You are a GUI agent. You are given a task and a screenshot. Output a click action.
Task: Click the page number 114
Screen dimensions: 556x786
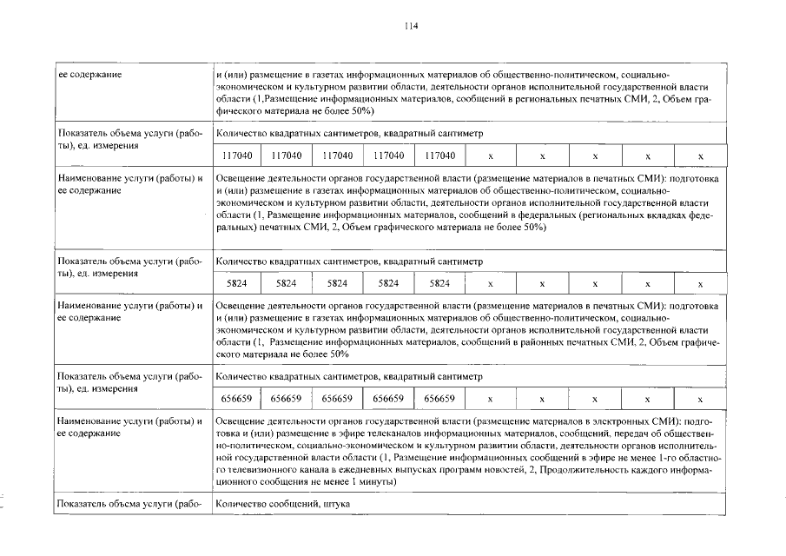[412, 27]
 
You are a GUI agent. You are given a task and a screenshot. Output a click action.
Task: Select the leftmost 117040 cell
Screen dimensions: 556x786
[235, 156]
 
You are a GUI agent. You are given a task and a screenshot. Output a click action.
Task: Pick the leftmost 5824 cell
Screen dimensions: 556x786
[235, 283]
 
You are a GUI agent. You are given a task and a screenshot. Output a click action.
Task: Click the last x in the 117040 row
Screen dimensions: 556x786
[700, 156]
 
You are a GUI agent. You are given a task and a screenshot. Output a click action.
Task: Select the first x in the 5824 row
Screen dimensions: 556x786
[491, 283]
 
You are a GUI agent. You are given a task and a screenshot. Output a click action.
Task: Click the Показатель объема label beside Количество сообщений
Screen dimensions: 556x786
[129, 504]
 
